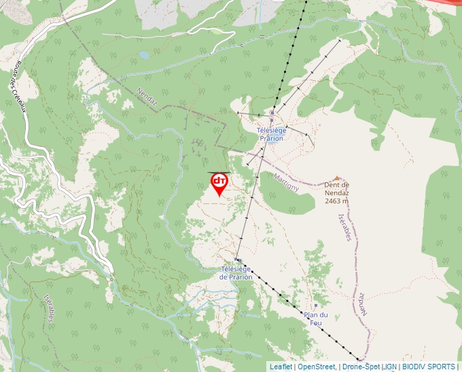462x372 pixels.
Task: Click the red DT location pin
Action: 219,182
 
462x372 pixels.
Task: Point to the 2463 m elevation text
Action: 336,201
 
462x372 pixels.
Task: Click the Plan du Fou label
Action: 316,318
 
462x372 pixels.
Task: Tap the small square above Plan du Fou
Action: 316,305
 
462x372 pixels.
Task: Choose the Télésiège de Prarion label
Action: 237,273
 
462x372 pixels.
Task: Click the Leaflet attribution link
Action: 281,367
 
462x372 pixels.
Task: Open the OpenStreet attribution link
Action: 316,367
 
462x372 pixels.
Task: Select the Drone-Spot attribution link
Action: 361,367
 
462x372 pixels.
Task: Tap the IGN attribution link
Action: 391,367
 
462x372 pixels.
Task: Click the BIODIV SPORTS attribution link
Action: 429,367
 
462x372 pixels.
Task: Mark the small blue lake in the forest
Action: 143,54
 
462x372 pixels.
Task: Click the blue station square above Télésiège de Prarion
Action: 238,260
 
